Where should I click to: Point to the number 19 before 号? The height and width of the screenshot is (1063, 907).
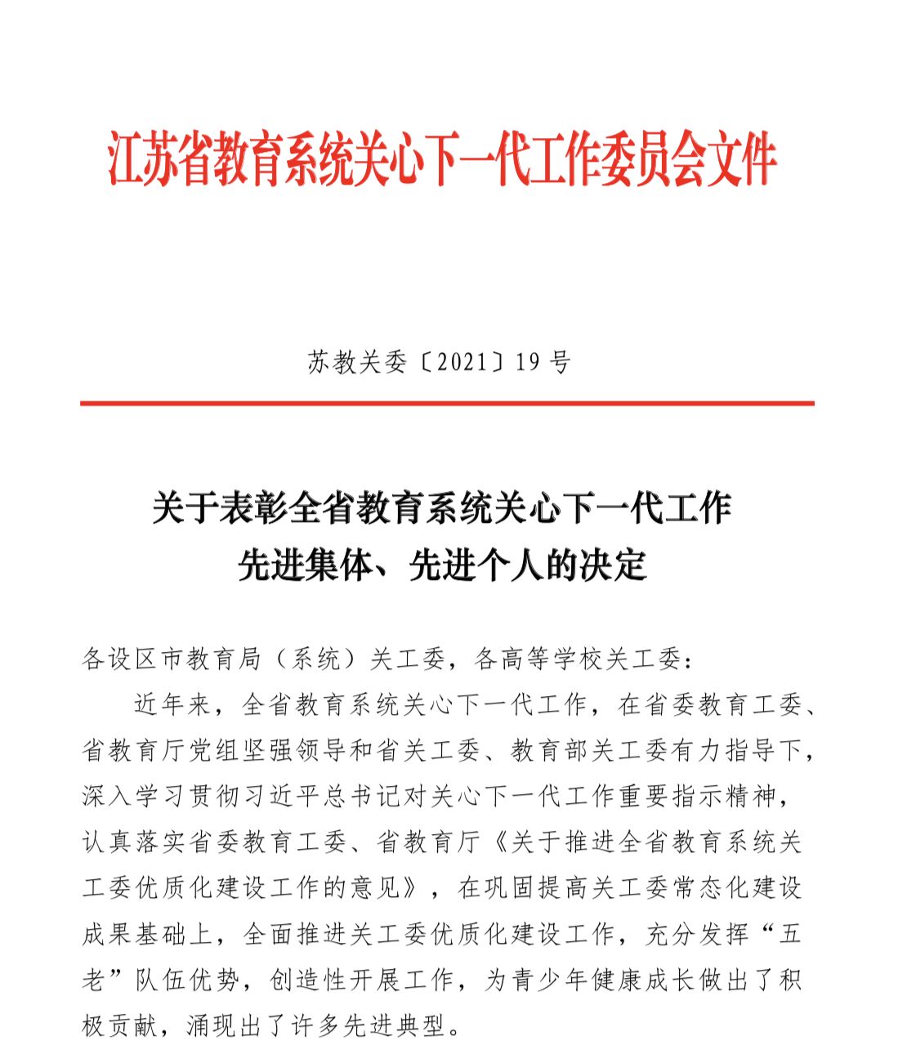(x=528, y=362)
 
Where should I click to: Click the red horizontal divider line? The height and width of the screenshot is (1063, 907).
(x=447, y=403)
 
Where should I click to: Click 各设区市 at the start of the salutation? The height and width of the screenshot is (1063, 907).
(x=134, y=659)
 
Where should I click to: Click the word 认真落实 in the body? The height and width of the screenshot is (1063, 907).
(x=134, y=842)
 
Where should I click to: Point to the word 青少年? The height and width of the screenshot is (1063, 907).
(x=539, y=979)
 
